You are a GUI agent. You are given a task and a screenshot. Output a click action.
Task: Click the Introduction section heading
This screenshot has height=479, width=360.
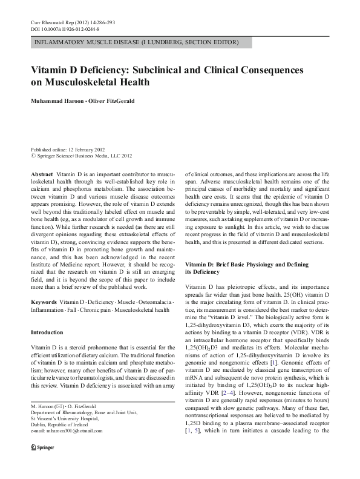(47, 332)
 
